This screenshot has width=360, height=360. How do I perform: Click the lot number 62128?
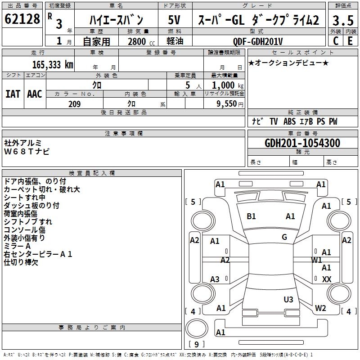[22, 19]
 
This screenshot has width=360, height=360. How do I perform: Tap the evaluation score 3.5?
[342, 20]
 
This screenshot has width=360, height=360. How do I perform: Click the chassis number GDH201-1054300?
[302, 143]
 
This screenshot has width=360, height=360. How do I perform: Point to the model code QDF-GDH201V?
[258, 41]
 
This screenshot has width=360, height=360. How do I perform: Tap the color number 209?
[74, 104]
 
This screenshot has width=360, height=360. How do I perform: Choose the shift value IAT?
[13, 94]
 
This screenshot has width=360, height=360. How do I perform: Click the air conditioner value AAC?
[35, 94]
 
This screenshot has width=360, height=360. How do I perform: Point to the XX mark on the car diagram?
[327, 279]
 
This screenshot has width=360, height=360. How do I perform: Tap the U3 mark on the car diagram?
[288, 299]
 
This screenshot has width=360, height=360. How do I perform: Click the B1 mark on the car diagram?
[251, 216]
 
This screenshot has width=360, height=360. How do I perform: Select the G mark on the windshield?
[284, 237]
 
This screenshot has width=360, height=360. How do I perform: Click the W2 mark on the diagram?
[320, 308]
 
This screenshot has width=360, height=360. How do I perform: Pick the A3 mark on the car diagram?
[215, 279]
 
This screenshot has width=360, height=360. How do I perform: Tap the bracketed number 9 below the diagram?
[196, 344]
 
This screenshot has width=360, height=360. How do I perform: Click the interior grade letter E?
[350, 41]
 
